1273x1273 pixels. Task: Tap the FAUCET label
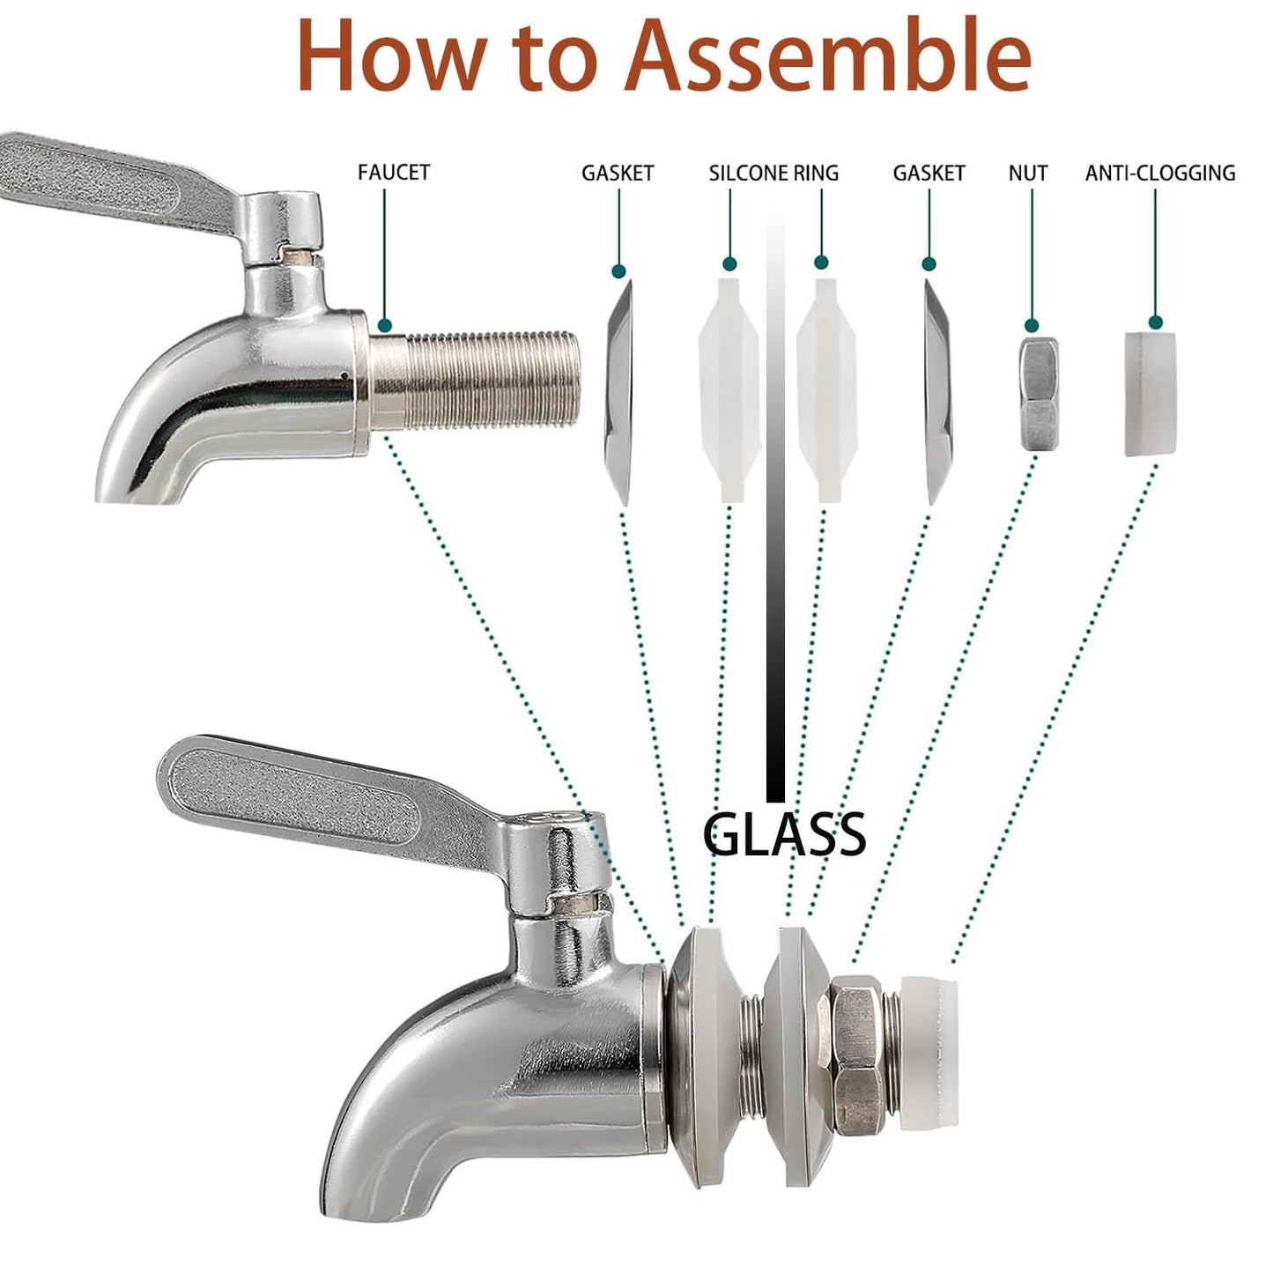(x=394, y=173)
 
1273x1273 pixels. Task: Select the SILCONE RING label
(x=773, y=173)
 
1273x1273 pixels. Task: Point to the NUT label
(x=1028, y=173)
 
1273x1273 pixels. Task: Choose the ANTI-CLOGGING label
(x=1160, y=173)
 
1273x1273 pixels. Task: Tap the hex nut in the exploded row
(x=1040, y=394)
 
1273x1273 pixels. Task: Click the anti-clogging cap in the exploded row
(x=1151, y=395)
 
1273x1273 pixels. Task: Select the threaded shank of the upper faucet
(x=476, y=379)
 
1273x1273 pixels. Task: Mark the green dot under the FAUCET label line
(x=384, y=325)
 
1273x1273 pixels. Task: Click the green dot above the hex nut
(x=1032, y=325)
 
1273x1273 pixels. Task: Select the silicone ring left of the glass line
(x=729, y=389)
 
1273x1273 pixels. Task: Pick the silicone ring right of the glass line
(x=826, y=389)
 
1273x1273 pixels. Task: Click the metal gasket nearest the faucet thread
(x=619, y=392)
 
